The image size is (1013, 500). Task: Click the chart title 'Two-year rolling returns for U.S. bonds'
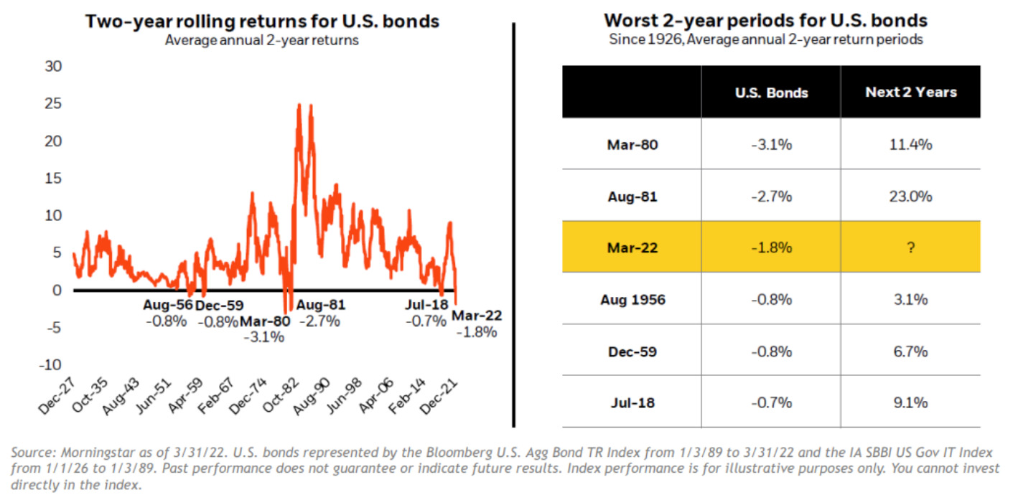click(x=262, y=22)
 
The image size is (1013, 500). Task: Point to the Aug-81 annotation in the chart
click(x=321, y=305)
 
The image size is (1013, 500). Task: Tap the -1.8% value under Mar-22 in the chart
click(x=477, y=332)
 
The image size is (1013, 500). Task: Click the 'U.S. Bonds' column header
click(x=772, y=93)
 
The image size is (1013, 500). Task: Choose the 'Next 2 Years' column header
click(x=910, y=93)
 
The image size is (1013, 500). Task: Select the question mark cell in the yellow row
click(x=910, y=247)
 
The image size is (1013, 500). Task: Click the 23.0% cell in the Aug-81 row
click(x=910, y=196)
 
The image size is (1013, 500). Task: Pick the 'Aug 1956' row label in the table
click(x=632, y=299)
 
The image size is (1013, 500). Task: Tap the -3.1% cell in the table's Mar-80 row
click(x=772, y=144)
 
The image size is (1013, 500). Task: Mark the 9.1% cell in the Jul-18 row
click(x=910, y=402)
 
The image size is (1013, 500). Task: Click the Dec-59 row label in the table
click(x=632, y=351)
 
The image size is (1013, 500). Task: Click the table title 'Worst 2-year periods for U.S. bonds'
click(x=766, y=20)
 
